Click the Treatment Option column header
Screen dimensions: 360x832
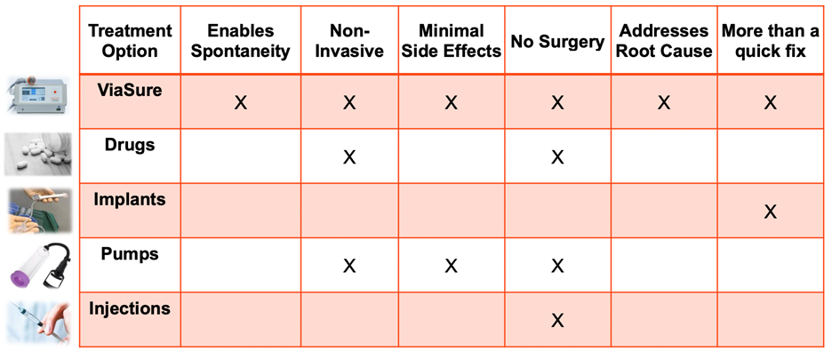point(130,41)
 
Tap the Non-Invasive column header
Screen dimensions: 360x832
point(348,41)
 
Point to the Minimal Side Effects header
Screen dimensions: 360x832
point(451,41)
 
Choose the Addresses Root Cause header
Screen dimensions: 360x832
point(663,41)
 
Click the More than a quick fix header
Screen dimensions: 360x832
point(770,41)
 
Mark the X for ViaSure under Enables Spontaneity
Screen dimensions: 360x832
point(240,103)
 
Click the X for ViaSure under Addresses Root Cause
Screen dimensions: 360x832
point(663,103)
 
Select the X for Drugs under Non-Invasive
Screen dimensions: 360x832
point(348,157)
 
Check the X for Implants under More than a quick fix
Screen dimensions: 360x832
point(770,212)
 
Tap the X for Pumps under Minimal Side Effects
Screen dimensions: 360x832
point(451,266)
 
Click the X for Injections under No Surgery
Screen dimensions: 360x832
point(557,320)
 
